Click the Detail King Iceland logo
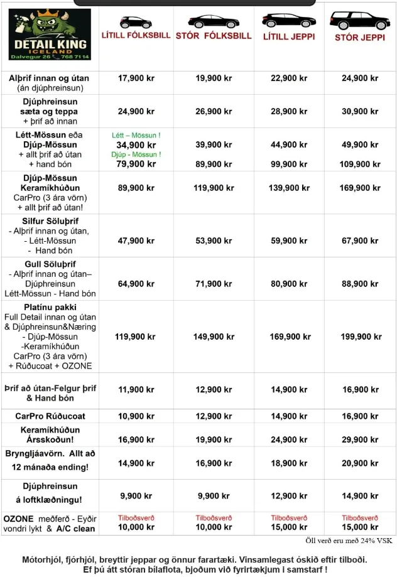(x=50, y=34)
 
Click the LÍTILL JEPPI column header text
(x=289, y=36)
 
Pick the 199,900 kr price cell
(x=359, y=337)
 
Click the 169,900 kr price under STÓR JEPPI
(x=359, y=188)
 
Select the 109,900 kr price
(x=359, y=164)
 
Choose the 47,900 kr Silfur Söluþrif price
(x=136, y=240)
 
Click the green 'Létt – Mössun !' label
(x=136, y=135)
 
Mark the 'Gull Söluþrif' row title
(x=50, y=264)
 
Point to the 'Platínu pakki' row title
(x=50, y=308)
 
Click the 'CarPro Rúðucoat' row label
(x=50, y=416)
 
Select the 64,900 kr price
(x=136, y=283)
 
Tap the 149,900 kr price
(x=214, y=337)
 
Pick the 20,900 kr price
(x=359, y=463)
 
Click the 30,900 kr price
(x=359, y=111)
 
